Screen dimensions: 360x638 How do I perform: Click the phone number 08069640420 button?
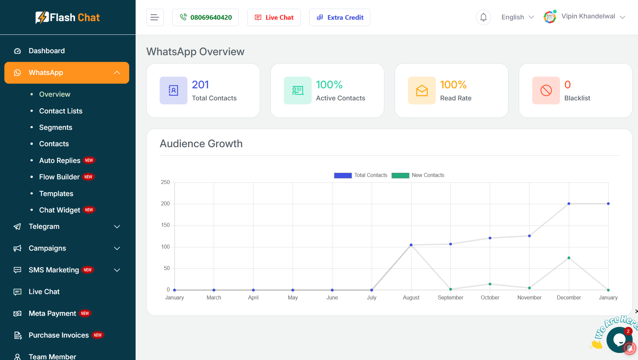tap(206, 17)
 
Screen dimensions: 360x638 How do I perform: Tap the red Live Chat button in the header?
tap(274, 17)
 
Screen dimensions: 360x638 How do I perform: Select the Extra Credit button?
tap(340, 17)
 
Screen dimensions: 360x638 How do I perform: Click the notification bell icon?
tap(483, 17)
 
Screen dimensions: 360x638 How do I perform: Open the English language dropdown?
tap(517, 17)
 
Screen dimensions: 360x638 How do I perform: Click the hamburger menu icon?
tap(155, 17)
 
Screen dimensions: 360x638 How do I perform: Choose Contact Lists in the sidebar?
tap(61, 111)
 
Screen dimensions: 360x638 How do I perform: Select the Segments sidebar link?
tap(56, 127)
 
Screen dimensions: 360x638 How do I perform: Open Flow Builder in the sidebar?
tap(59, 177)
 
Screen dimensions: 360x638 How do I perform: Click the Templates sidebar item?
tap(56, 194)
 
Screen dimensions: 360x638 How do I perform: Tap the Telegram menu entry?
tap(44, 227)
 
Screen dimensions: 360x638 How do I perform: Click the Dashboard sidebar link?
tap(47, 51)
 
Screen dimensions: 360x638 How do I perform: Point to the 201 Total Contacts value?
tap(201, 85)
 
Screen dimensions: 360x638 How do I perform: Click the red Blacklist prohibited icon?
tap(546, 90)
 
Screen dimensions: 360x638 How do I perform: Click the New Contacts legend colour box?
tap(400, 175)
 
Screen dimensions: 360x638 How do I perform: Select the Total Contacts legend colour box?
tap(343, 175)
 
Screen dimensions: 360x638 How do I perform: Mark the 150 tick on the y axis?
tap(165, 225)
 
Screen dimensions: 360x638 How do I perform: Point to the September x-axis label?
tap(451, 298)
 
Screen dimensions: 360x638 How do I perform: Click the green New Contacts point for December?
tap(569, 258)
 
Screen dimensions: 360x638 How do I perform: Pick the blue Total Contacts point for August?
tap(411, 245)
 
